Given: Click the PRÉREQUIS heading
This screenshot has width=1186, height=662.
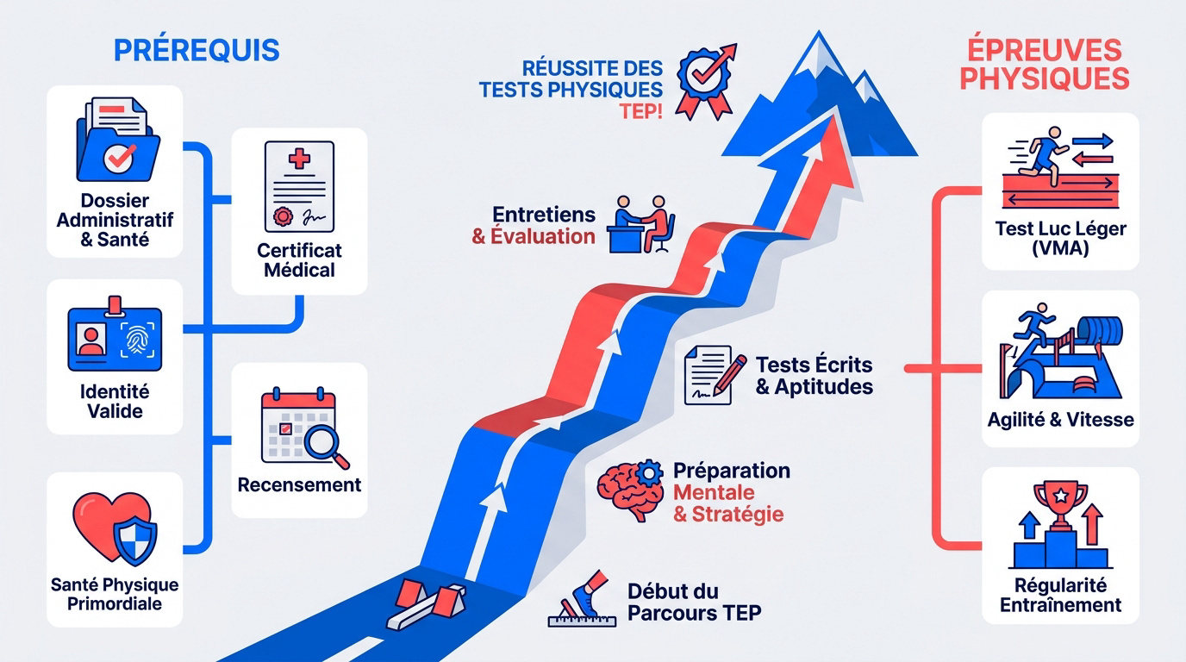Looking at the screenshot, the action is pyautogui.click(x=197, y=50).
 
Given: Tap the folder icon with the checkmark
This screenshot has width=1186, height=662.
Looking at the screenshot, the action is pyautogui.click(x=117, y=140).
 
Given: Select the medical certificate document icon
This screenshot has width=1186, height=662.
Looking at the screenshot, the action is pyautogui.click(x=299, y=186).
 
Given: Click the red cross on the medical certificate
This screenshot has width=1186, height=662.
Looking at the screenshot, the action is pyautogui.click(x=299, y=159).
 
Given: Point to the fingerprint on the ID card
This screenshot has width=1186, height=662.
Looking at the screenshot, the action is pyautogui.click(x=137, y=340).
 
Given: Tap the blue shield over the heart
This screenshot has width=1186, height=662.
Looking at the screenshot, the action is pyautogui.click(x=135, y=540).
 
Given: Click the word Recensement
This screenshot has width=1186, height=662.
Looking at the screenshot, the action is pyautogui.click(x=299, y=484).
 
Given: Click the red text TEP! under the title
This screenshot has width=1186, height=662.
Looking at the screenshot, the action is pyautogui.click(x=640, y=112).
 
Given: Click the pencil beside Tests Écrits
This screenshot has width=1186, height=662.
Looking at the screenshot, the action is pyautogui.click(x=729, y=375).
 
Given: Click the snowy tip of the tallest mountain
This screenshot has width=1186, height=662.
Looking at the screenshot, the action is pyautogui.click(x=819, y=47).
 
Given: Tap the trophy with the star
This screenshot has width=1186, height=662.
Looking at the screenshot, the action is pyautogui.click(x=1061, y=504).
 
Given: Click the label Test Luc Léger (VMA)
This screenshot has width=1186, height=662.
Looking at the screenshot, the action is pyautogui.click(x=1060, y=238).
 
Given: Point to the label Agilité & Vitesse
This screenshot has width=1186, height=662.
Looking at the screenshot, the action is pyautogui.click(x=1060, y=420).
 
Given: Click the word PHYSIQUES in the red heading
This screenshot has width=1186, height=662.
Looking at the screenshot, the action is pyautogui.click(x=1045, y=78).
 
